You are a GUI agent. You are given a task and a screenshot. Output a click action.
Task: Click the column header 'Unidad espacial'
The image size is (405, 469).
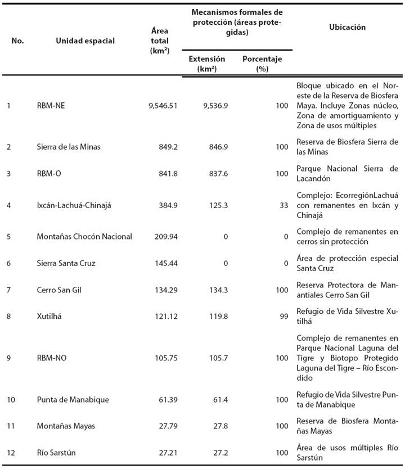click(85, 40)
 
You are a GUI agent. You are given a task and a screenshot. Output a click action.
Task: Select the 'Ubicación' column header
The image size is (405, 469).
click(347, 27)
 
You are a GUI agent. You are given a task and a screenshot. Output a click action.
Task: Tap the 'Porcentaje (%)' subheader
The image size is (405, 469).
click(262, 64)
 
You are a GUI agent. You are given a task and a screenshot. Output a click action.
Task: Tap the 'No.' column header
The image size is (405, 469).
click(17, 40)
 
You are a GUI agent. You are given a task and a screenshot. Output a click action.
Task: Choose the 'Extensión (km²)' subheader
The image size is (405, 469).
click(206, 64)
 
